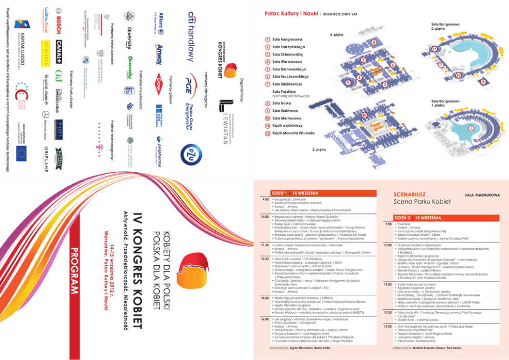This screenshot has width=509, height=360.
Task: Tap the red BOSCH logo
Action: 58,23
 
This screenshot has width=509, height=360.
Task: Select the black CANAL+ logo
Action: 58,51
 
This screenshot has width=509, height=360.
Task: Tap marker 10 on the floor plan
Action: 364,115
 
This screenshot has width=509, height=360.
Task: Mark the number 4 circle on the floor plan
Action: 374,42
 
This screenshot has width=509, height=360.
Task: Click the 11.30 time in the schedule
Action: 266,245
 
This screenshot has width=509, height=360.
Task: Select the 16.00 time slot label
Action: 266,318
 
